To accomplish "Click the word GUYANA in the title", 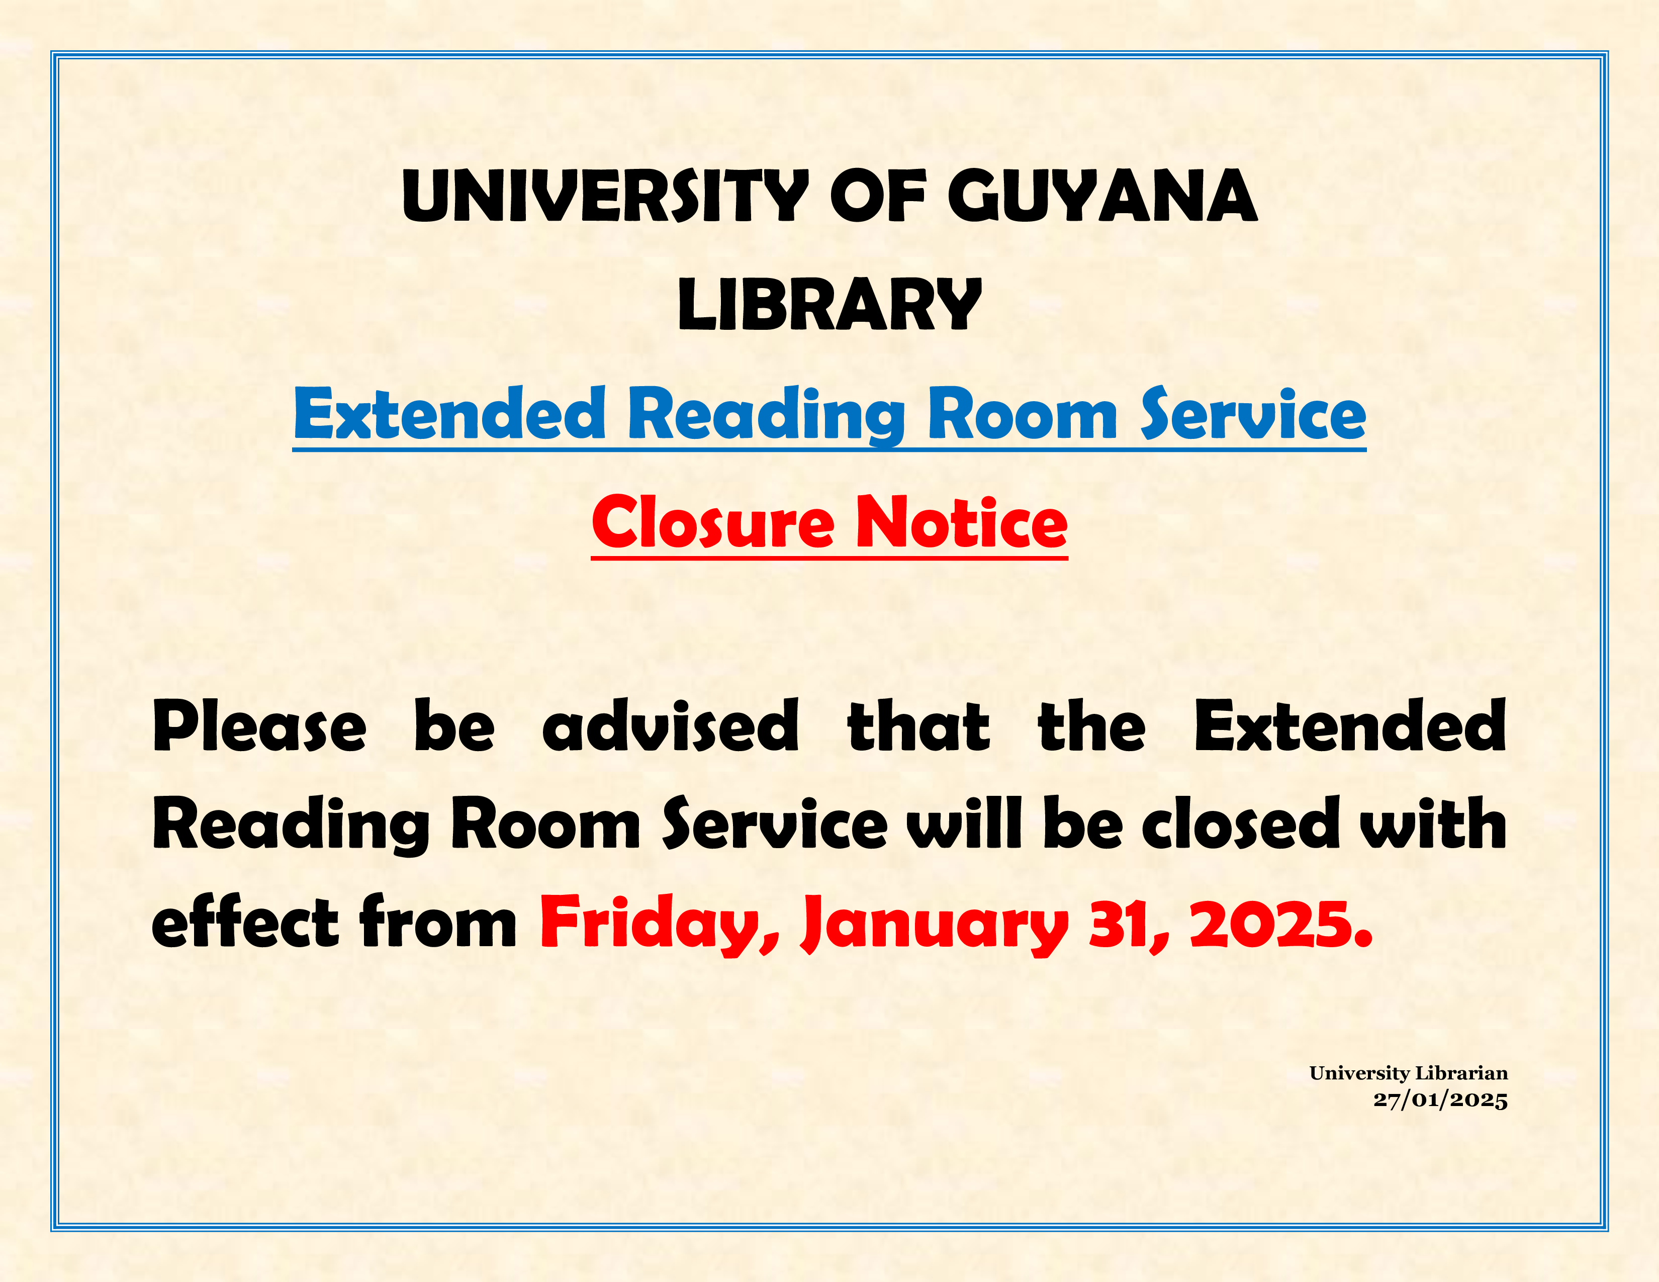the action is click(x=1102, y=196).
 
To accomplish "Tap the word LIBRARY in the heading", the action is click(x=829, y=305).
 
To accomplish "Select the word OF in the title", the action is click(x=878, y=196).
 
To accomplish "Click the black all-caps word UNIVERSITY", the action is click(x=605, y=196).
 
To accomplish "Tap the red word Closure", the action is click(x=712, y=522).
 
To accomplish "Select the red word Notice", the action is click(x=962, y=522).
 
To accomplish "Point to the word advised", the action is click(x=671, y=726).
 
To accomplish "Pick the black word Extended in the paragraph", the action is click(x=1350, y=726).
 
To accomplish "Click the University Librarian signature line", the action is click(x=1408, y=1073).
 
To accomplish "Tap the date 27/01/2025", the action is click(x=1440, y=1100).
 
